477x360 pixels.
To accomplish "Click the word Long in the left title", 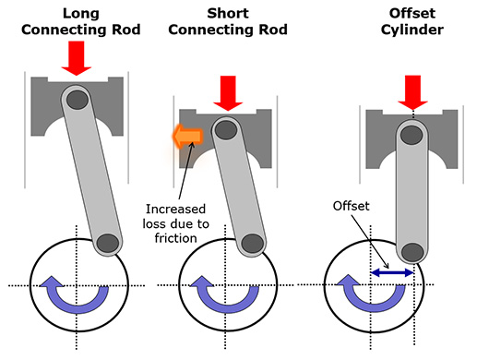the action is (81, 14).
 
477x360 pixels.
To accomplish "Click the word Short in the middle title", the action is (228, 14).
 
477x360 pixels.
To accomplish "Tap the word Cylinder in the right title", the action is (412, 30).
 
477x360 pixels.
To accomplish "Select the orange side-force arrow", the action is (187, 136).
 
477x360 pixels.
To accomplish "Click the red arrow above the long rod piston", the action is (77, 58).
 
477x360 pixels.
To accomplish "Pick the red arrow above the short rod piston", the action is (228, 93).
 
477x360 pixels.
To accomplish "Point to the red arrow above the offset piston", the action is (412, 92).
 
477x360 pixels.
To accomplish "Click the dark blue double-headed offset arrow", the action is (392, 272).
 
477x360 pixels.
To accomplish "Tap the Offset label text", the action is (351, 206).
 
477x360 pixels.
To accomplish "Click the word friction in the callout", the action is (175, 238).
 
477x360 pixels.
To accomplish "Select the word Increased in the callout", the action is (175, 210).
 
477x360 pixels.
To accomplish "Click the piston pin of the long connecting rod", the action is (78, 100).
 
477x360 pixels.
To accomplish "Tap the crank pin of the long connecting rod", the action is (108, 244).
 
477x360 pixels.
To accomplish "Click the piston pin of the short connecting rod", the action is (226, 130).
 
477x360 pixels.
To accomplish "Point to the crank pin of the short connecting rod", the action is (253, 244).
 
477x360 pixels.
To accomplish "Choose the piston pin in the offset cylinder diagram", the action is (411, 135).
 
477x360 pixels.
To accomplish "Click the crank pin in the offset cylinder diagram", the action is (412, 252).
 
